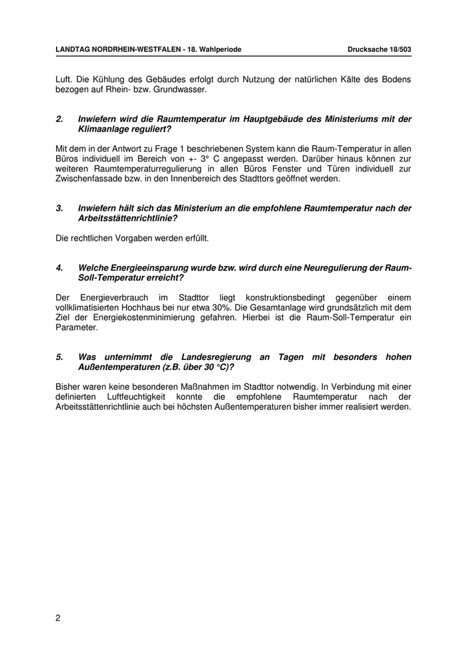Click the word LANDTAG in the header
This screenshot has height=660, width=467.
[72, 50]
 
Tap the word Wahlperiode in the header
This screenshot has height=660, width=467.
[221, 50]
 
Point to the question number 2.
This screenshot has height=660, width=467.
[59, 119]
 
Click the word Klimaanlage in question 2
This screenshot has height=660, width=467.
[104, 129]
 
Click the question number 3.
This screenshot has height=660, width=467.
[59, 208]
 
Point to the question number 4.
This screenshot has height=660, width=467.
[59, 268]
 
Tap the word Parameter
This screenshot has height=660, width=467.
[76, 327]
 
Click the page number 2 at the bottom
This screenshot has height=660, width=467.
[58, 618]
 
